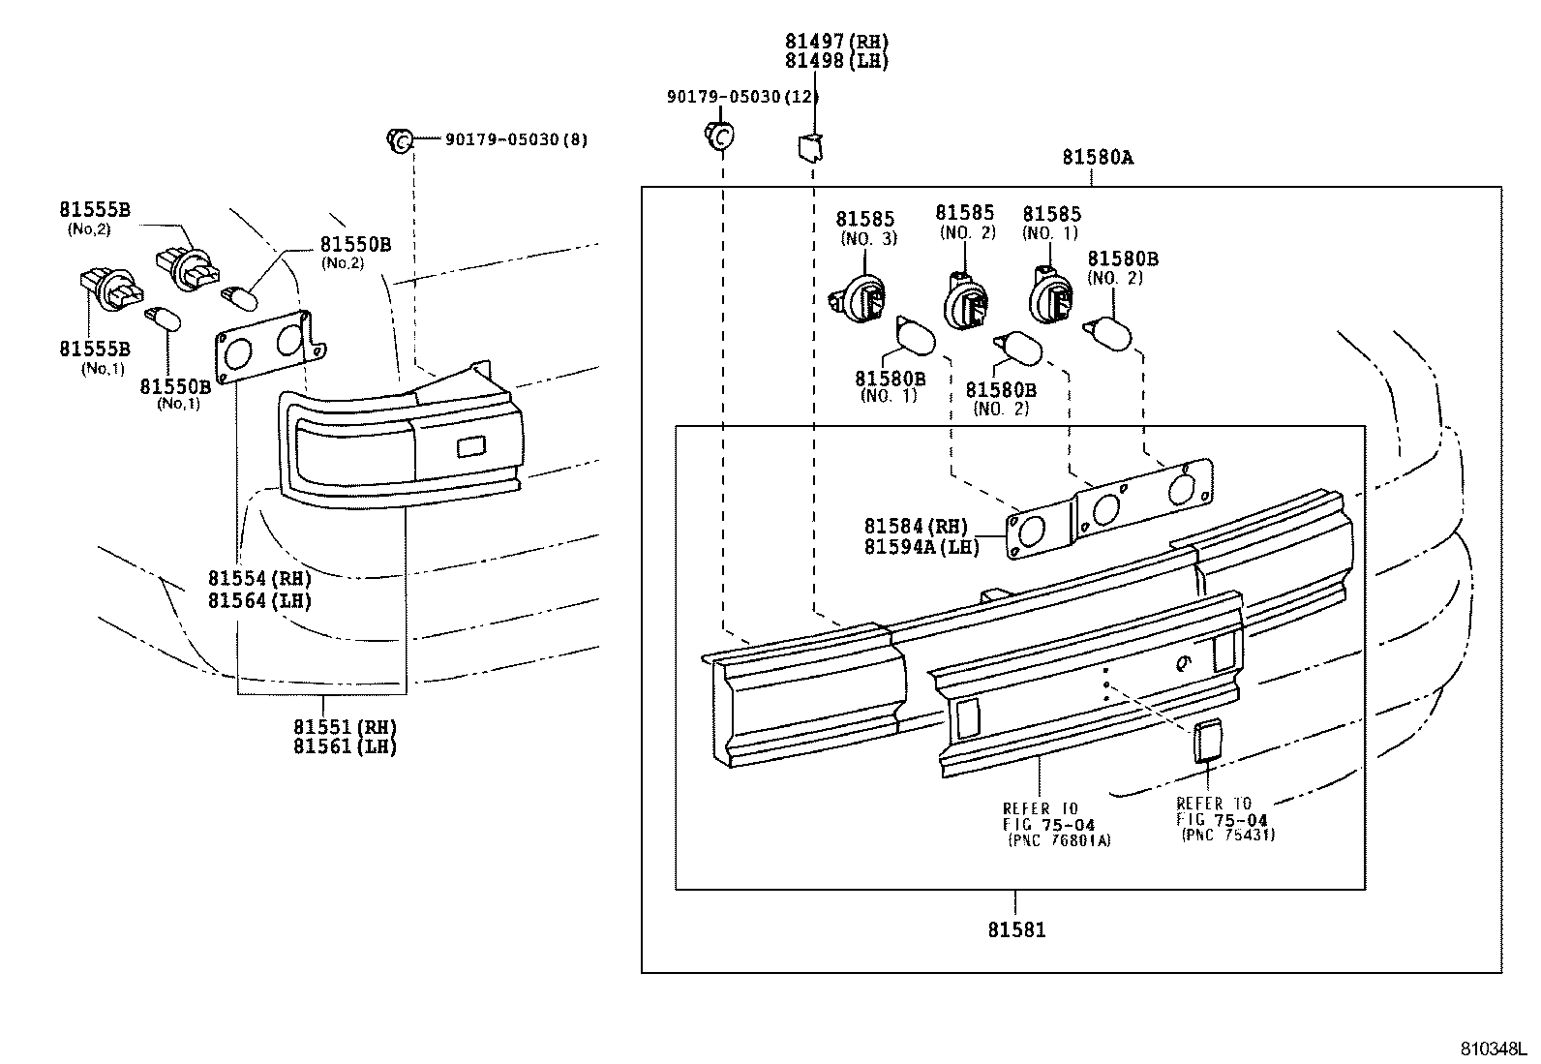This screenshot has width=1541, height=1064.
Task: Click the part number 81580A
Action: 1097,157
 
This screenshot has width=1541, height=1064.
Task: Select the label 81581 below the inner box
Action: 1016,930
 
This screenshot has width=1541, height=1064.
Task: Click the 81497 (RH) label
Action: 836,42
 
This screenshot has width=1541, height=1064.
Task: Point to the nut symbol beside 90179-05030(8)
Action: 400,139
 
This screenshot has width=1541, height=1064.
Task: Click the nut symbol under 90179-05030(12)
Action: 718,137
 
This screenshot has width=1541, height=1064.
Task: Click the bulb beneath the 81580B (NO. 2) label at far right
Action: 1109,335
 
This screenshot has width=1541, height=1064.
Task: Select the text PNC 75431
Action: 1227,835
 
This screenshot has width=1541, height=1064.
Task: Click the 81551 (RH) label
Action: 346,726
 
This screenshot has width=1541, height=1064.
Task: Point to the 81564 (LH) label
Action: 259,600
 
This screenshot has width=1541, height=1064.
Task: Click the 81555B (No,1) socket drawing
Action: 106,289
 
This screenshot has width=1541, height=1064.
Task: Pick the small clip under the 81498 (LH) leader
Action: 808,146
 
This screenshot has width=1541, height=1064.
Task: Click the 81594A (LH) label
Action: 922,547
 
